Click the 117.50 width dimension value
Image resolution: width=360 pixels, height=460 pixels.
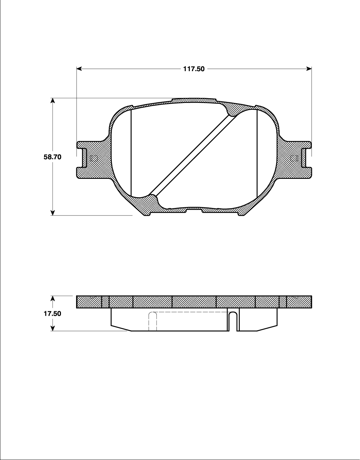194,69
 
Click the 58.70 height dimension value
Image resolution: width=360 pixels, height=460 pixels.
52,157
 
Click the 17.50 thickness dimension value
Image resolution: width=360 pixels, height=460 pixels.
52,314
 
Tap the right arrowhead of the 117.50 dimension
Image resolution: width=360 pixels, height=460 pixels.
309,69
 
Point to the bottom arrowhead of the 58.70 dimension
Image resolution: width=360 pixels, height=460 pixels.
52,212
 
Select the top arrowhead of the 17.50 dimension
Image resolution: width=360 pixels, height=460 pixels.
52,298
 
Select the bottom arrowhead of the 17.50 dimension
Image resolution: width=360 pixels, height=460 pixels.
52,328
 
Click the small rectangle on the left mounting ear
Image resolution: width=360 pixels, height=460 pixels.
94,158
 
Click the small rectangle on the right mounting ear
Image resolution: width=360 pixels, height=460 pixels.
294,158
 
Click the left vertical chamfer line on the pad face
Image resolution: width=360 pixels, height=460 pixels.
131,152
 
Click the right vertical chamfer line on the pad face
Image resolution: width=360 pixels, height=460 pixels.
257,152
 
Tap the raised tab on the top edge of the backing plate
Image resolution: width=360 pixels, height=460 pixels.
194,100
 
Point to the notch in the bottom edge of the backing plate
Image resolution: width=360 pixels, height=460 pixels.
194,211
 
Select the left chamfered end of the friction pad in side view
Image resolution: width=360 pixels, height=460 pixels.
121,328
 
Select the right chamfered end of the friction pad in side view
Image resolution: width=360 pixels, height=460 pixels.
267,328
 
